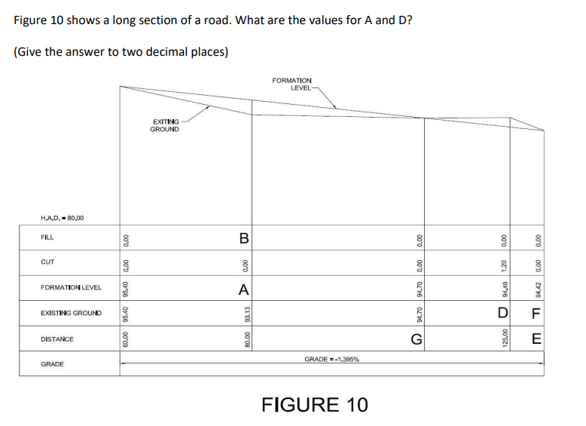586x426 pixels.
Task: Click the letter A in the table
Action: [243, 288]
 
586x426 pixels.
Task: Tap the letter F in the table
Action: [537, 313]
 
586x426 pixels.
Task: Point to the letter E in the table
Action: [537, 339]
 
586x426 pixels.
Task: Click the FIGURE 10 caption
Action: [314, 404]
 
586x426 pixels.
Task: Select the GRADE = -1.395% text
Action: [331, 360]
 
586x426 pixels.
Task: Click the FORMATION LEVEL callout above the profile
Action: [293, 84]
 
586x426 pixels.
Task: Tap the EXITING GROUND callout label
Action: [164, 125]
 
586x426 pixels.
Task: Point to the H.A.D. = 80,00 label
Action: [63, 218]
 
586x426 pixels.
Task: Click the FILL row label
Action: [48, 237]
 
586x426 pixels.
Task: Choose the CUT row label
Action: [47, 262]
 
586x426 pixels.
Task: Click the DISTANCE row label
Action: [57, 339]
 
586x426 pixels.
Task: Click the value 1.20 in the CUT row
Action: [504, 264]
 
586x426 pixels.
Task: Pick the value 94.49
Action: [504, 289]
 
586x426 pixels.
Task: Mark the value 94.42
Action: [537, 289]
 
